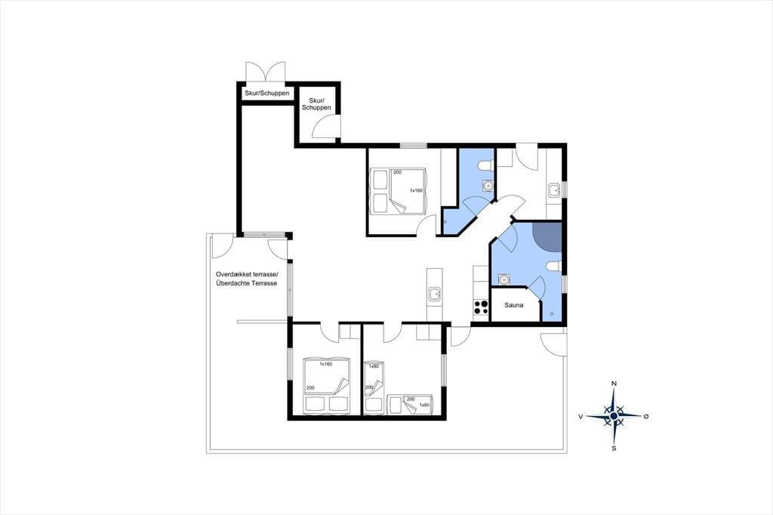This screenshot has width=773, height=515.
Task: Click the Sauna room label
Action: point(513,305)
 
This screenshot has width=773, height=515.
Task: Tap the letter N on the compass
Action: point(614,384)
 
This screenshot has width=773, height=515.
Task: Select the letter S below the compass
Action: point(614,449)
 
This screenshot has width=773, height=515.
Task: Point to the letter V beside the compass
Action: point(581,417)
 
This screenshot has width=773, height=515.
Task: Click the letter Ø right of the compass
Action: point(646,417)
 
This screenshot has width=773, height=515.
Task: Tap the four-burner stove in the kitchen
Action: point(481,307)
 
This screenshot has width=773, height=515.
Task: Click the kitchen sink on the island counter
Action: point(435,295)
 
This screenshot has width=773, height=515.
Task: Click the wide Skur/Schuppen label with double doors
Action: point(266,93)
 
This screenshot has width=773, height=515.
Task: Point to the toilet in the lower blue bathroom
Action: point(554,267)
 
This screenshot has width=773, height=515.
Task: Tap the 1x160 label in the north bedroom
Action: point(416,190)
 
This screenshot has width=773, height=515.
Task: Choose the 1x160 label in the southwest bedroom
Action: point(326,364)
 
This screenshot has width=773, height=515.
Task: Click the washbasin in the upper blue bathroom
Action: point(488,186)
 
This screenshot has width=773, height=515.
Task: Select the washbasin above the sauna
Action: point(504,279)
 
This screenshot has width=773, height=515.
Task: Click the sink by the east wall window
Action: point(554,190)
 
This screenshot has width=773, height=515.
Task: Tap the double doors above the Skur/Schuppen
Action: point(265,71)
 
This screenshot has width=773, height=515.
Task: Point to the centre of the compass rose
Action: point(614,417)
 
